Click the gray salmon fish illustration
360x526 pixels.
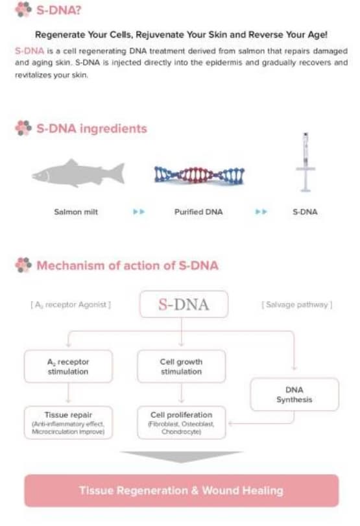coord(78,173)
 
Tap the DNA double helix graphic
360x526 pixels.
coord(199,175)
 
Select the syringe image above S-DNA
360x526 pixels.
coord(306,162)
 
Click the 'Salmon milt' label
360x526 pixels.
coord(76,212)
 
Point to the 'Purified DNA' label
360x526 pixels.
coord(198,212)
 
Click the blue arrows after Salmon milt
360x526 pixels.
coord(139,212)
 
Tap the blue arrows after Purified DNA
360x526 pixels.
coord(261,212)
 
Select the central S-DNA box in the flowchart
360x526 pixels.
coord(184,304)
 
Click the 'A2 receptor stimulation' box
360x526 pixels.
coord(68,366)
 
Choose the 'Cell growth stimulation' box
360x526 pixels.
coord(181,366)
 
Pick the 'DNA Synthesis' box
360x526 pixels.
coord(294,394)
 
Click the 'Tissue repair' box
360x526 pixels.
coord(68,423)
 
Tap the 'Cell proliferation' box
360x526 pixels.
coord(181,423)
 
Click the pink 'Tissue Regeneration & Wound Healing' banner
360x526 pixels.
coord(181,490)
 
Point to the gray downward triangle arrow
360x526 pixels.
coord(181,457)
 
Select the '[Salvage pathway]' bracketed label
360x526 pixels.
coord(297,305)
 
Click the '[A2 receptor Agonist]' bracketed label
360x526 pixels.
coord(71,305)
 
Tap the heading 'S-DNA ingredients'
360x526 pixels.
coord(91,128)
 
